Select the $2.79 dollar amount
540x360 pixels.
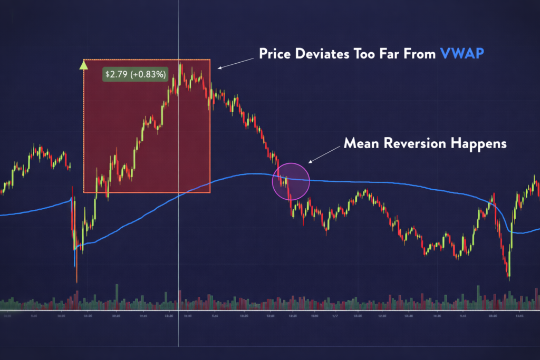tap(114, 74)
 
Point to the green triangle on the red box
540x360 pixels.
tap(83, 65)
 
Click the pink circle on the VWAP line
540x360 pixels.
tap(290, 181)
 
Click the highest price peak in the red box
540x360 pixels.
tap(180, 65)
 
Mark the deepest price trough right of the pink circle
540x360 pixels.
tap(509, 276)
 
